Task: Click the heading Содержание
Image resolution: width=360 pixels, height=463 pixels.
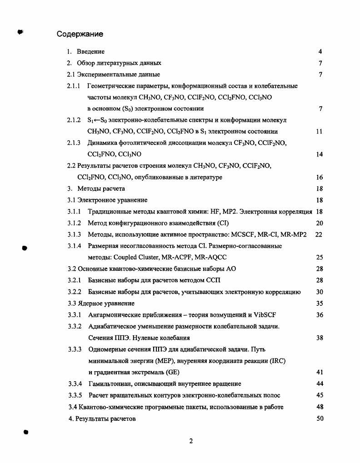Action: click(x=80, y=34)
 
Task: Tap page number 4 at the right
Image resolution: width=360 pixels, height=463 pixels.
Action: click(x=320, y=52)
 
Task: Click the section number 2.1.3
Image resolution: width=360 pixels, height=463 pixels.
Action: click(x=74, y=143)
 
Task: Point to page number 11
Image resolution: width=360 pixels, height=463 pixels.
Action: click(x=319, y=132)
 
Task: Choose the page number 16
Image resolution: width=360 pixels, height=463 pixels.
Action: click(x=319, y=177)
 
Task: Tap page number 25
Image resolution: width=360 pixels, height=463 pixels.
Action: click(x=319, y=257)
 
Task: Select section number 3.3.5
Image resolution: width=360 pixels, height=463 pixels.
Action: click(x=74, y=395)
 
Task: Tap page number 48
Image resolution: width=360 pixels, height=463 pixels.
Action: click(x=319, y=407)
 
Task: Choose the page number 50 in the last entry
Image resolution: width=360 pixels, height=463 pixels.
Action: click(x=319, y=418)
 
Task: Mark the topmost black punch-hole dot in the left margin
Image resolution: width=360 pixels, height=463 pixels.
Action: click(x=20, y=31)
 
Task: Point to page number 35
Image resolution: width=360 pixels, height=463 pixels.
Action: click(x=319, y=303)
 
